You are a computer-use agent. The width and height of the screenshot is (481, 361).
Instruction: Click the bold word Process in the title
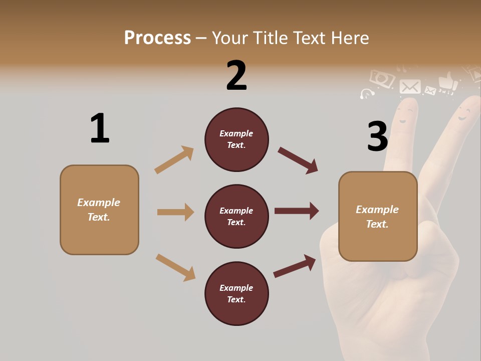(x=157, y=38)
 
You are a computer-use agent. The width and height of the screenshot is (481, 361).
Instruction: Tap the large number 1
(x=100, y=128)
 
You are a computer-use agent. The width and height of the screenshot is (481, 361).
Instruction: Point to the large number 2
(x=236, y=76)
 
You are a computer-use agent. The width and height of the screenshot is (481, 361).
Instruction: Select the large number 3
(x=377, y=136)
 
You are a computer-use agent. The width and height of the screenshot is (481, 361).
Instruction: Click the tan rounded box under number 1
(x=99, y=210)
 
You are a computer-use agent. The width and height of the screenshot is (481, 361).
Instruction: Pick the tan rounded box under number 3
(x=378, y=216)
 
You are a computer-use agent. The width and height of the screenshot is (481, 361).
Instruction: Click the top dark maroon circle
(x=236, y=139)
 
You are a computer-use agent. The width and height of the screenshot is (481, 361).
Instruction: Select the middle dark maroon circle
(x=236, y=216)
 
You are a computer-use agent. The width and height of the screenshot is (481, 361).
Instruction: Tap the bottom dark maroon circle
(x=236, y=293)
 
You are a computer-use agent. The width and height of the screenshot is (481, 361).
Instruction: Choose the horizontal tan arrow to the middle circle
(x=175, y=212)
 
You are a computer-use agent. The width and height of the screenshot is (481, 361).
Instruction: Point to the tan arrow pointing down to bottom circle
(x=175, y=267)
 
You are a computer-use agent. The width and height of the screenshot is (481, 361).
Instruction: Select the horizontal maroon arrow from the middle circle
(x=297, y=211)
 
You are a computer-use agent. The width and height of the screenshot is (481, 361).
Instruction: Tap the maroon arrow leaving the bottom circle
(x=295, y=266)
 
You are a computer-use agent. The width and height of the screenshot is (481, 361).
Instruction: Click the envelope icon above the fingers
(x=410, y=87)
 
